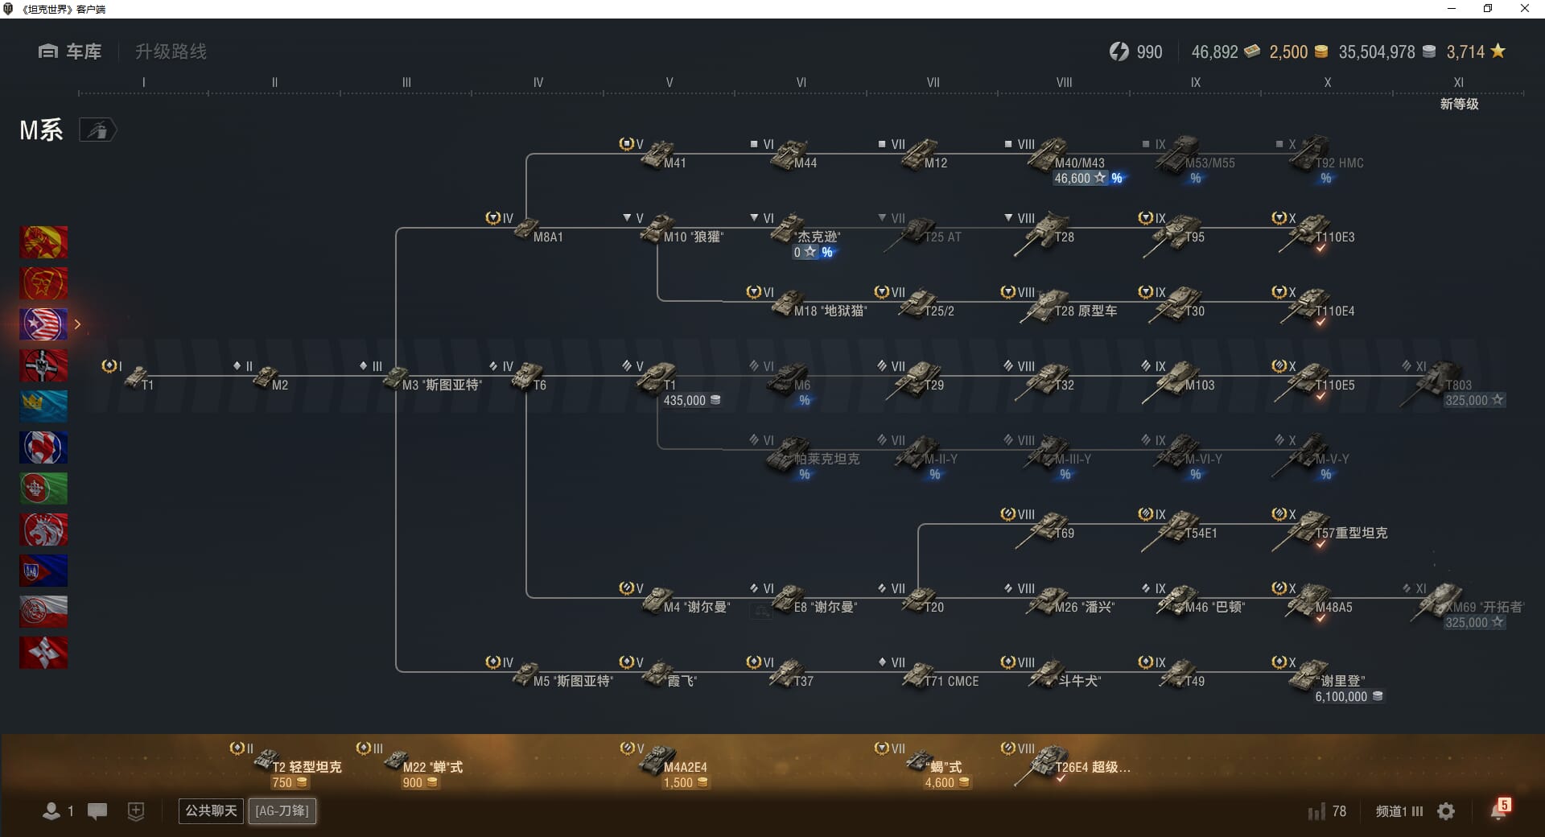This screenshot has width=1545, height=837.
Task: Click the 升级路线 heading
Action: [171, 52]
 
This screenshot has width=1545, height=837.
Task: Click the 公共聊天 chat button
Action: [211, 810]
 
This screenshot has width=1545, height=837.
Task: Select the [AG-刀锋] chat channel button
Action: [282, 810]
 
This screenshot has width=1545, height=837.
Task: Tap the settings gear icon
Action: [1446, 811]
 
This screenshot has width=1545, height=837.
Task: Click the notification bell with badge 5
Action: [1499, 810]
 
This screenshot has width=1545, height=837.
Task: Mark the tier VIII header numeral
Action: [1064, 82]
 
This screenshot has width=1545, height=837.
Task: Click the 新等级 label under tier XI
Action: [1459, 104]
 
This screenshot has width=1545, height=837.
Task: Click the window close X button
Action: [1524, 9]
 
